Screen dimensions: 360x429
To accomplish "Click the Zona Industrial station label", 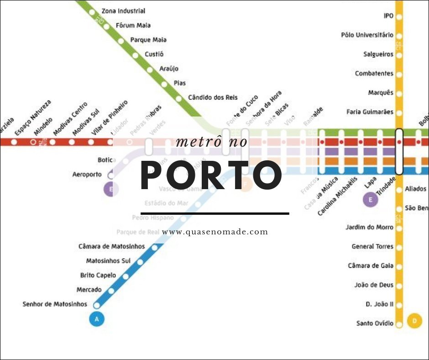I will point(123,11).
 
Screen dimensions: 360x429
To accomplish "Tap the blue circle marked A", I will point(96,319).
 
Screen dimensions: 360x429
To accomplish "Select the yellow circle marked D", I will point(414,321).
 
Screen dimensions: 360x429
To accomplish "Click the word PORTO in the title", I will point(210,176).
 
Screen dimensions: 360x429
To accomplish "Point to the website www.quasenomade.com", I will point(215,232).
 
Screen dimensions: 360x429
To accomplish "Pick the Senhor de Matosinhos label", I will point(55,304).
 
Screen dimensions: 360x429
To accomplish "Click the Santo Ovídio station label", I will point(375,323).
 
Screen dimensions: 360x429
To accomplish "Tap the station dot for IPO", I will point(399,16).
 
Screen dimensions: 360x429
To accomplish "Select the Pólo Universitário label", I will point(367,35).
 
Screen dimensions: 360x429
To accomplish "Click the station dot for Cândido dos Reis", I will point(179,98).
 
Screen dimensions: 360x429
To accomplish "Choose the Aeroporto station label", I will point(87,175).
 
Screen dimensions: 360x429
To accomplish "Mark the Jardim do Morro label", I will point(370,228).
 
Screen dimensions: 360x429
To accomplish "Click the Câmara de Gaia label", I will point(371,266).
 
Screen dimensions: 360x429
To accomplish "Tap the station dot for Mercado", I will point(111,290).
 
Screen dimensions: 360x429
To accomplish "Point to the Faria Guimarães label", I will point(370,112).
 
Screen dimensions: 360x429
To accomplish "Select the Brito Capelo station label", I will point(98,275).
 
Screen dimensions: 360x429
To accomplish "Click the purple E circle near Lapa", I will point(371,200).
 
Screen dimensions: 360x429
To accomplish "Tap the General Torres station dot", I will point(399,247).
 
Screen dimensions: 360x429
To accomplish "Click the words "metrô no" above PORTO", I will point(211,142).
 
